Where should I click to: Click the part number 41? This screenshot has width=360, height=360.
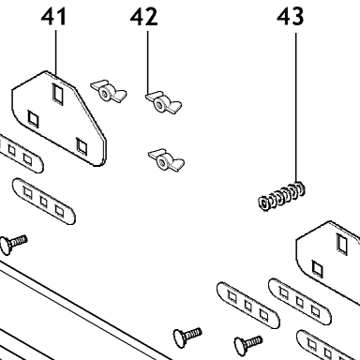[x=53, y=17]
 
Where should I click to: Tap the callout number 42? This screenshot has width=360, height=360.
[x=143, y=17]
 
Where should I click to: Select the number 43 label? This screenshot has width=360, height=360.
[x=290, y=17]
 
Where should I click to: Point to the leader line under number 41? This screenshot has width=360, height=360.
[x=56, y=52]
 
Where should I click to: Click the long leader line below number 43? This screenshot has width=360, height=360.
[x=295, y=107]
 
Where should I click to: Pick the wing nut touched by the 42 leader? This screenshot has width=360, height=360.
[x=163, y=102]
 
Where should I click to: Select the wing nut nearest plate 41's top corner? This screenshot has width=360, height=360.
[x=109, y=91]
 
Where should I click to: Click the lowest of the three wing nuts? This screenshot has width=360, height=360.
[x=166, y=160]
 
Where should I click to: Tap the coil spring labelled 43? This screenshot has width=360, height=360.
[x=281, y=196]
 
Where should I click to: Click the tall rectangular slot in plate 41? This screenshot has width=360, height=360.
[x=57, y=93]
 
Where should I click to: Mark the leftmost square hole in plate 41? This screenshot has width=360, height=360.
[x=33, y=119]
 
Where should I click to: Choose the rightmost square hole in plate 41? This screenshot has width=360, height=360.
[x=82, y=145]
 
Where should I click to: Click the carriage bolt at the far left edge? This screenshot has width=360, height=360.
[x=13, y=244]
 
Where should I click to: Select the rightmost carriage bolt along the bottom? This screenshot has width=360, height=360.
[x=248, y=345]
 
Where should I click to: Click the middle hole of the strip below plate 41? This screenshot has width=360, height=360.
[x=43, y=202]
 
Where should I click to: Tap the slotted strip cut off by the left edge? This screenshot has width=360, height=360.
[x=22, y=154]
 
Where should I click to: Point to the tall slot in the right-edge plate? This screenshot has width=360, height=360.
[x=341, y=243]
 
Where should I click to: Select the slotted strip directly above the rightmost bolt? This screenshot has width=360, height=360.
[x=248, y=306]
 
